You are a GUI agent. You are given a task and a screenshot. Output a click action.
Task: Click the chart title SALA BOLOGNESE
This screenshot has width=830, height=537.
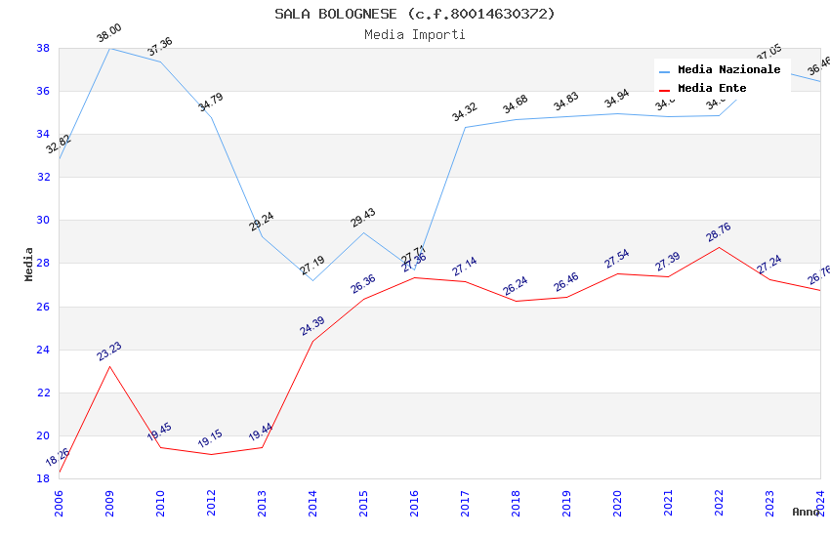415,14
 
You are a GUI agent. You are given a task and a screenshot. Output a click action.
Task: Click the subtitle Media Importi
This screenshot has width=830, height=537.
415,35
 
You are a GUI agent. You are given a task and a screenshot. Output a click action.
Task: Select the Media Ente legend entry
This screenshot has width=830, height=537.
712,89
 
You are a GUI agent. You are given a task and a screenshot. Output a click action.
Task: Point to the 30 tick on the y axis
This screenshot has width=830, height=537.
44,221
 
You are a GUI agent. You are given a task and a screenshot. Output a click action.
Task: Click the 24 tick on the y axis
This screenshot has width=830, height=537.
44,350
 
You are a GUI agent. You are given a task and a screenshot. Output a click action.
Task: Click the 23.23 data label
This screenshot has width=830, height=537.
108,351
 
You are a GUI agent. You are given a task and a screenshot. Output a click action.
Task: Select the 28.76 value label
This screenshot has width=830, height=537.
718,232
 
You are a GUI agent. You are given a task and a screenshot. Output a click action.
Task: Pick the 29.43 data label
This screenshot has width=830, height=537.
362,218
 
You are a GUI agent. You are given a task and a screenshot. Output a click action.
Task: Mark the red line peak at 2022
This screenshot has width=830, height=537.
719,247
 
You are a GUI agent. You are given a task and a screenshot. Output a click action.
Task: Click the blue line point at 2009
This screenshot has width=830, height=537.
109,48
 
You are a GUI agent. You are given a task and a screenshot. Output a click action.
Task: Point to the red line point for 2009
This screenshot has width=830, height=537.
109,366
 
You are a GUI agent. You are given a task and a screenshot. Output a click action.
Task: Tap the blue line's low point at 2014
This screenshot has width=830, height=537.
312,280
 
